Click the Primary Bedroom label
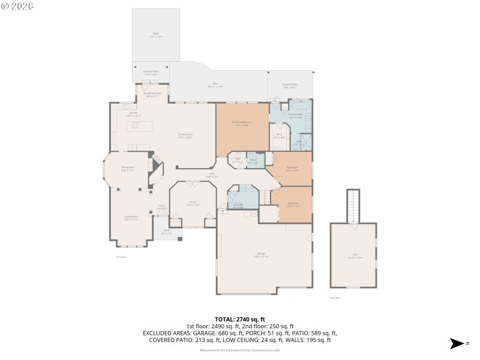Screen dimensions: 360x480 242,124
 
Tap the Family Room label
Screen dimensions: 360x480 185,136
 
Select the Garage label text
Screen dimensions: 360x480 261,255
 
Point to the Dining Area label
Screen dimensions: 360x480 127,169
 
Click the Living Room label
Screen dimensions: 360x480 131,218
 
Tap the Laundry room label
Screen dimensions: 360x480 238,205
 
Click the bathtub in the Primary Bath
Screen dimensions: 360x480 298,106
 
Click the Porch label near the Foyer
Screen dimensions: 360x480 167,233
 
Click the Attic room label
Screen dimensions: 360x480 353,256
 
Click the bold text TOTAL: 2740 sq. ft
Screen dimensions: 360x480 240,319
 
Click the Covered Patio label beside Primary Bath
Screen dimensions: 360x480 290,85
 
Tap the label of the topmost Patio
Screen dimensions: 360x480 156,35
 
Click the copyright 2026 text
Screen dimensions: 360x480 17,6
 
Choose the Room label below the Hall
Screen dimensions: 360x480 193,203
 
